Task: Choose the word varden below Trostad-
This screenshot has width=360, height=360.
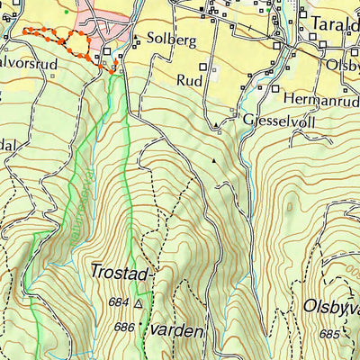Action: (176, 330)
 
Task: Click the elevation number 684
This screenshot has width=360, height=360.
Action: (118, 302)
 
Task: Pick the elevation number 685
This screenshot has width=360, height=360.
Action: (329, 334)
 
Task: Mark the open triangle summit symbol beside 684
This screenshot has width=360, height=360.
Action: (138, 304)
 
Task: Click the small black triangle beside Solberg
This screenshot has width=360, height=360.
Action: (136, 38)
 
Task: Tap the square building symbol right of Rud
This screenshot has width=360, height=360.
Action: (214, 67)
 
